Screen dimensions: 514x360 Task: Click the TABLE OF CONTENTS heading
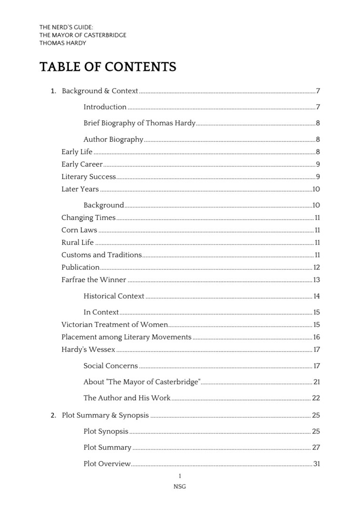pyautogui.click(x=108, y=67)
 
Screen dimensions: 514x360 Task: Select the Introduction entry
pyautogui.click(x=105, y=107)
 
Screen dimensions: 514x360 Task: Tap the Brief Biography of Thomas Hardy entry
pyautogui.click(x=139, y=123)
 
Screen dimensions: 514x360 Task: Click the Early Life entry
pyautogui.click(x=77, y=152)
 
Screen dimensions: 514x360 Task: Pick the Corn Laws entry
pyautogui.click(x=79, y=230)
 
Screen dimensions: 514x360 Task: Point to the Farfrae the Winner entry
pyautogui.click(x=94, y=280)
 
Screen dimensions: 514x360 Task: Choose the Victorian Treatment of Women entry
pyautogui.click(x=115, y=325)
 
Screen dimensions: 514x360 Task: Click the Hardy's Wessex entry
pyautogui.click(x=88, y=350)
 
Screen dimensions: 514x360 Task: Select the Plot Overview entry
pyautogui.click(x=107, y=464)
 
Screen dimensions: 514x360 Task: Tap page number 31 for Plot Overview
pyautogui.click(x=316, y=464)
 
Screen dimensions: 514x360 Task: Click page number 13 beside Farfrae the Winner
pyautogui.click(x=316, y=280)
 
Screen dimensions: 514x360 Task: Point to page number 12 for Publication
pyautogui.click(x=316, y=267)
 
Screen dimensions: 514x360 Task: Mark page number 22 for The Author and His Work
pyautogui.click(x=316, y=398)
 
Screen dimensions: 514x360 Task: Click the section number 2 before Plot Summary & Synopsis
pyautogui.click(x=53, y=415)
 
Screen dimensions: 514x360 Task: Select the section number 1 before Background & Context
pyautogui.click(x=53, y=91)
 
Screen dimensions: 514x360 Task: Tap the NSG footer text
pyautogui.click(x=180, y=487)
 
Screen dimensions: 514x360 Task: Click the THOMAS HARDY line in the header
pyautogui.click(x=63, y=43)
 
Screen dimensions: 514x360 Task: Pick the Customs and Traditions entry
pyautogui.click(x=102, y=255)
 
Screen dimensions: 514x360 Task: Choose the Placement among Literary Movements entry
pyautogui.click(x=126, y=337)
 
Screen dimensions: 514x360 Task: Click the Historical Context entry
pyautogui.click(x=114, y=297)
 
